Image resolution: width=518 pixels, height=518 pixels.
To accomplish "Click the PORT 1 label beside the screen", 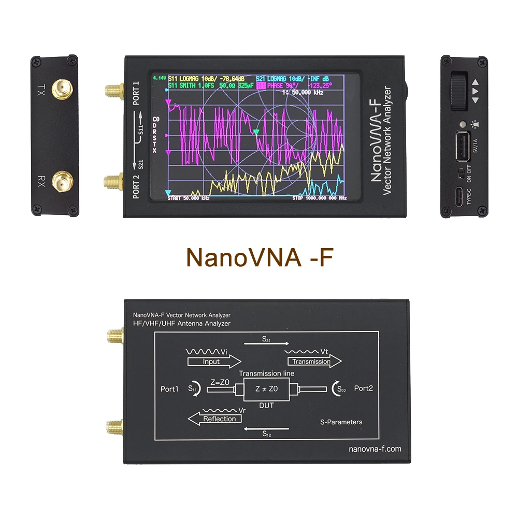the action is click(136, 94).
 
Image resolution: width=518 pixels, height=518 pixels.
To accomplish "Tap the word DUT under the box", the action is click(266, 406).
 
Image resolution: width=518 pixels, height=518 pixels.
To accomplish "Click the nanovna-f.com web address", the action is click(375, 449).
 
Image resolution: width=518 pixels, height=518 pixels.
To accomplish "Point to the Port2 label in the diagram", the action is click(364, 388).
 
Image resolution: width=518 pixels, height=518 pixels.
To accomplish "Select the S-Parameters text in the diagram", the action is click(341, 422).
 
